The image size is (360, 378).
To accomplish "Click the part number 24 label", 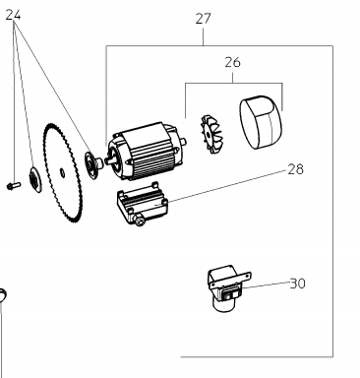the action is [14, 15].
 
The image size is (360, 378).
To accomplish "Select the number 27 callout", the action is [203, 19].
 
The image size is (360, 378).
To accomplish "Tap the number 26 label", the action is [232, 62].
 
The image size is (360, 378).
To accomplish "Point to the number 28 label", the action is [295, 169].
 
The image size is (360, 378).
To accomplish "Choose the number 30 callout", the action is [298, 283].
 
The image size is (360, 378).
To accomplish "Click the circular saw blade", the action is [62, 172].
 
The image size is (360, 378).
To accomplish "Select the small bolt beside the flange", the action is [14, 186].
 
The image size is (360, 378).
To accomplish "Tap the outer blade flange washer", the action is [35, 179].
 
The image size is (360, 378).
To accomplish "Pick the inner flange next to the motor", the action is [92, 165].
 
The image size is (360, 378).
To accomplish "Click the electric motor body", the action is [146, 152].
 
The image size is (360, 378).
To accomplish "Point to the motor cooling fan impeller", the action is [210, 134].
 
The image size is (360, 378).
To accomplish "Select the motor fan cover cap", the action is [261, 122].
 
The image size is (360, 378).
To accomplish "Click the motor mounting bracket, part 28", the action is [143, 204].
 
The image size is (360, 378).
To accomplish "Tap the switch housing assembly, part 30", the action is [229, 287].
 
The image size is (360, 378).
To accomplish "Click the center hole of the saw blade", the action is [62, 171].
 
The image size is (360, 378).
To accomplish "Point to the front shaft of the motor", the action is [108, 160].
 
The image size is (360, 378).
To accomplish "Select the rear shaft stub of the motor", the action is [184, 142].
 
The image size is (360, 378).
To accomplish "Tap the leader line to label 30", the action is [266, 284].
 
